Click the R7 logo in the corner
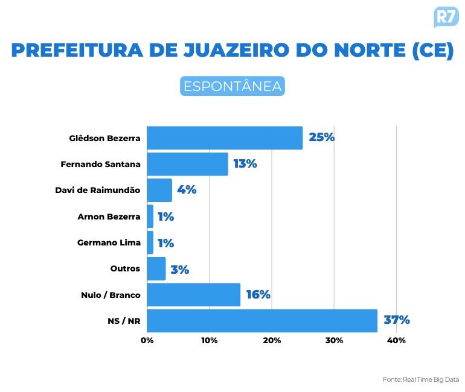pos(446,16)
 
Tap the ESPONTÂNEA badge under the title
pos(232,86)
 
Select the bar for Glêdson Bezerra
pos(225,138)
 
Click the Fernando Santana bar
pos(187,164)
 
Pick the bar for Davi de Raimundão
pos(159,190)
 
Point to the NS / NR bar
pos(262,320)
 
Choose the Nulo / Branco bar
pos(193,295)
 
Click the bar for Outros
pos(156,268)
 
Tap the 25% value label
pos(321,137)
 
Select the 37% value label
pos(397,320)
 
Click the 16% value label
pos(258,295)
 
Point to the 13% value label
pos(245,163)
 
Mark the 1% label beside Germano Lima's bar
pos(165,243)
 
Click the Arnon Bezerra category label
pos(109,217)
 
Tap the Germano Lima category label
pos(109,242)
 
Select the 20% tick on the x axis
pos(272,341)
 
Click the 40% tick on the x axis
pos(396,341)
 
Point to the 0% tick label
pos(147,341)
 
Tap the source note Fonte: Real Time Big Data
pos(420,379)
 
